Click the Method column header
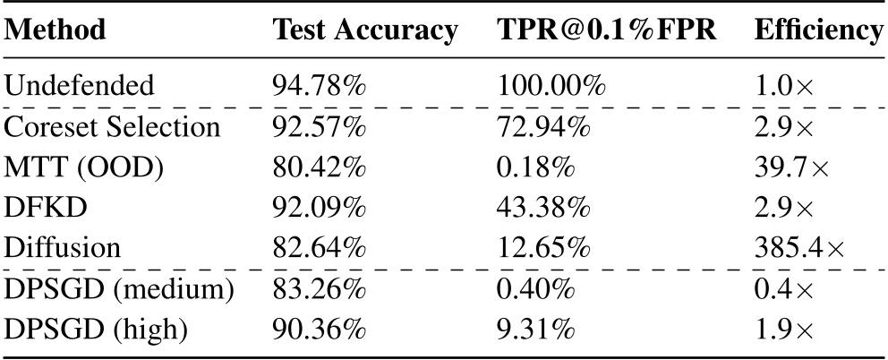pyautogui.click(x=55, y=30)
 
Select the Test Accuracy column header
pyautogui.click(x=364, y=30)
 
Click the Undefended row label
pyautogui.click(x=80, y=86)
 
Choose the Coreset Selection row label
pyautogui.click(x=113, y=127)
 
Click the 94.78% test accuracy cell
pyautogui.click(x=319, y=86)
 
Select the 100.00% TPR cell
pyautogui.click(x=553, y=86)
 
